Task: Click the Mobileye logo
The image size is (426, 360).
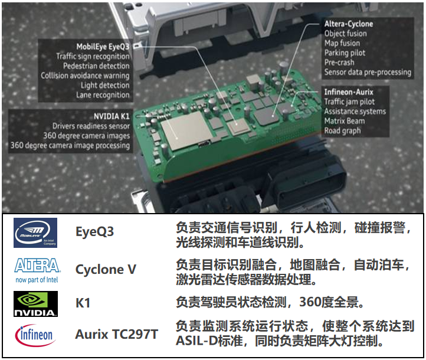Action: pyautogui.click(x=35, y=233)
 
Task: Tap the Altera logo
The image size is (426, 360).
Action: pyautogui.click(x=37, y=270)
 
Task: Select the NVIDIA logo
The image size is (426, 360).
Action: pyautogui.click(x=35, y=304)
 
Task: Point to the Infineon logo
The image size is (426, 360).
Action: pyautogui.click(x=35, y=335)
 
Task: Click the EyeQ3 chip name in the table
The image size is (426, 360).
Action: pyautogui.click(x=94, y=232)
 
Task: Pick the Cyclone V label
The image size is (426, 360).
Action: pyautogui.click(x=106, y=269)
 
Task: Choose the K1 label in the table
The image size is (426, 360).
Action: pyautogui.click(x=83, y=303)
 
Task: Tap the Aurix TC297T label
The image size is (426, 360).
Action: pyautogui.click(x=117, y=334)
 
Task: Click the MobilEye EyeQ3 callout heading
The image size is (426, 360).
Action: pyautogui.click(x=103, y=47)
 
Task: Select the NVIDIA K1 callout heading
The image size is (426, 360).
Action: pyautogui.click(x=112, y=116)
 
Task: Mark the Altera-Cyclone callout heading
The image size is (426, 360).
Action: pyautogui.click(x=349, y=24)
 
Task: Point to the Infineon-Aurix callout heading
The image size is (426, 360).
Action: pyautogui.click(x=349, y=92)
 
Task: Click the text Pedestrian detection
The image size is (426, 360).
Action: pyautogui.click(x=96, y=66)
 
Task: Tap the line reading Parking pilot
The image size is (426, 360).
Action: pyautogui.click(x=345, y=53)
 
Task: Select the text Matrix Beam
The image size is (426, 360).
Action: pyautogui.click(x=345, y=121)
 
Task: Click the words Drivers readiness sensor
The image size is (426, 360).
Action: pyautogui.click(x=91, y=126)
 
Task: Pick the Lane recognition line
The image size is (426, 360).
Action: pyautogui.click(x=103, y=95)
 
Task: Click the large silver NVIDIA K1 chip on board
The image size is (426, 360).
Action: pyautogui.click(x=184, y=130)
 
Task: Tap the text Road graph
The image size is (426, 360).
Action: pyautogui.click(x=342, y=131)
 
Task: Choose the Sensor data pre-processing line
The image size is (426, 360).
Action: pyautogui.click(x=368, y=72)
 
